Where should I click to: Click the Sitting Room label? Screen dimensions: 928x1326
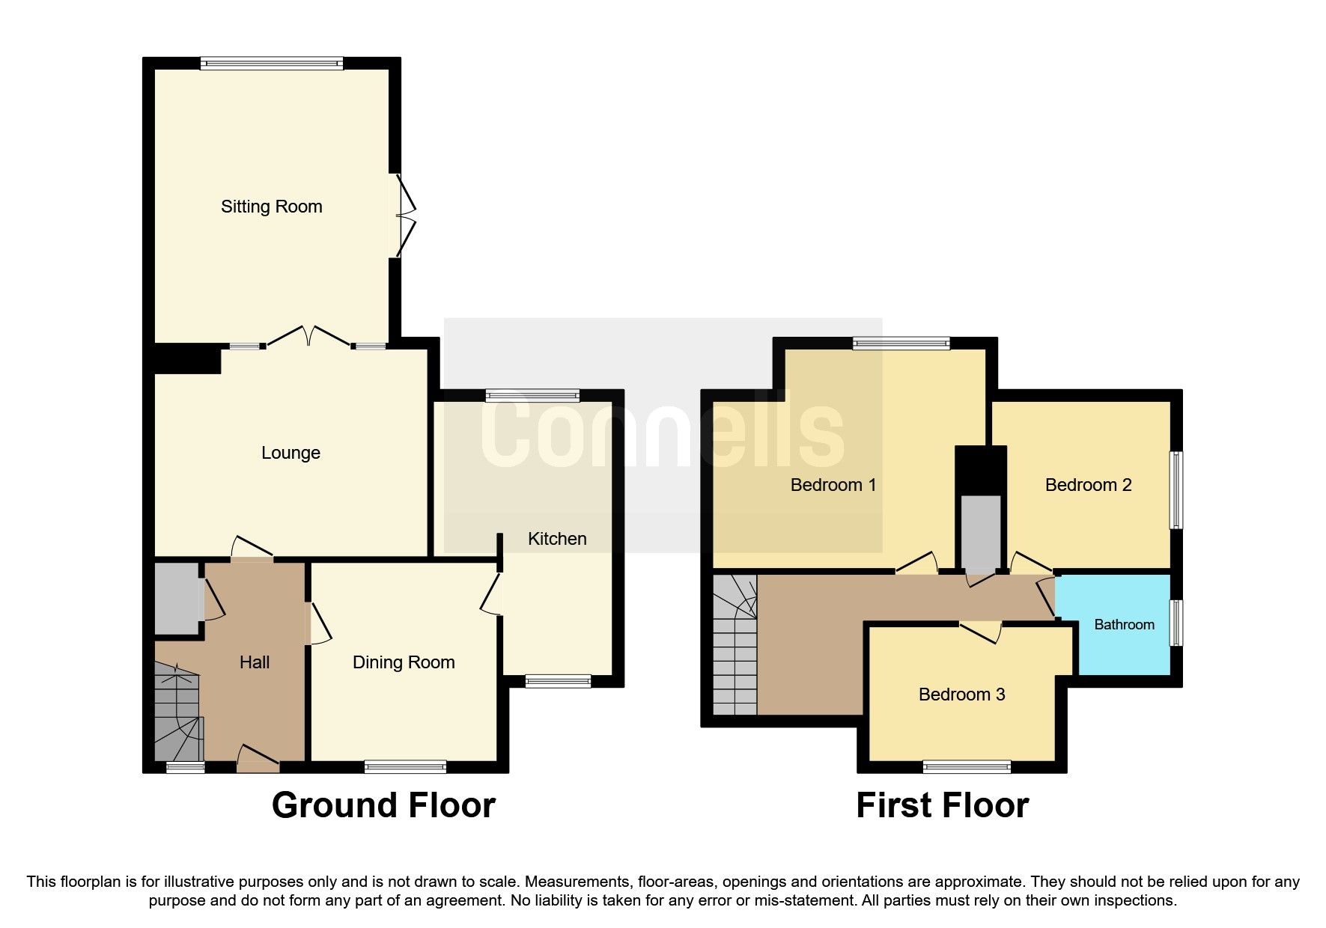pos(271,207)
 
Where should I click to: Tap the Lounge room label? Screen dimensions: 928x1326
pos(291,453)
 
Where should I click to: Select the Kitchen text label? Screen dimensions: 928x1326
pos(557,539)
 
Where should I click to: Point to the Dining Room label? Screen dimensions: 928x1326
pos(404,662)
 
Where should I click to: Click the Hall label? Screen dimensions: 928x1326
pos(255,662)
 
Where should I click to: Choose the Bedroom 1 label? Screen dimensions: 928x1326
pos(833,485)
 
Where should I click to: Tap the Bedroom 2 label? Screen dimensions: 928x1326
pos(1088,485)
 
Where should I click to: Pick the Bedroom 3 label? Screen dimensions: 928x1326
pos(961,695)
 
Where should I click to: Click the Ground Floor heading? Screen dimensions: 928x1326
pos(383,806)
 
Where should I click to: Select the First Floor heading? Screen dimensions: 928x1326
pos(942,806)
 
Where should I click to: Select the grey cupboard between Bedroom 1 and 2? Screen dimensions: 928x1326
pos(981,531)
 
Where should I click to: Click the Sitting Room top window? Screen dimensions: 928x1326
pos(272,64)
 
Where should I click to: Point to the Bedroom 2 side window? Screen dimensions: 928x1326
pos(1177,489)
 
